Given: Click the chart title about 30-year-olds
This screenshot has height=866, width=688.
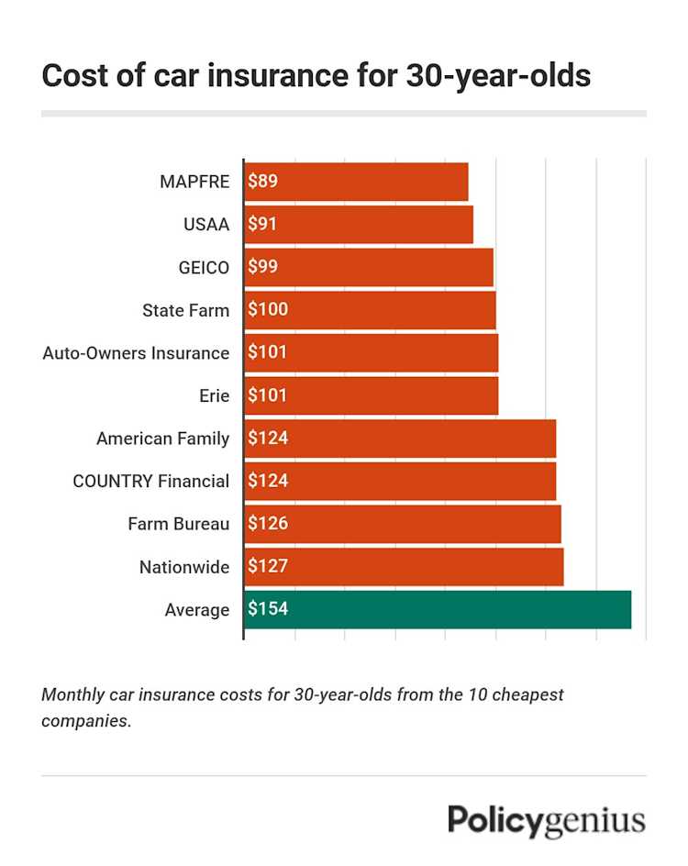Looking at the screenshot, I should (316, 76).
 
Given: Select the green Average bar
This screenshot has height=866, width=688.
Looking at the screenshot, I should (438, 609).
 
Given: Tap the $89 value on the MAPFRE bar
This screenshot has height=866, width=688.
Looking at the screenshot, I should (262, 182).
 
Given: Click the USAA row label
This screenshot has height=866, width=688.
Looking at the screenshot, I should (206, 224).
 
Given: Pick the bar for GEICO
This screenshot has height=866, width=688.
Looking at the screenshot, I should (369, 267).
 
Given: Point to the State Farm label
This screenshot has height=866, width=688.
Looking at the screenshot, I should (185, 310).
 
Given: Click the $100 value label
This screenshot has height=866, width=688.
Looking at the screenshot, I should (268, 310).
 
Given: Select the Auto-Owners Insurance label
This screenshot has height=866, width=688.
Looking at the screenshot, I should (136, 352).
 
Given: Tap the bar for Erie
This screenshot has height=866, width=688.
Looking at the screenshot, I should (372, 395).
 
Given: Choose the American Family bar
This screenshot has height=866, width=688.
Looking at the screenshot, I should (400, 439).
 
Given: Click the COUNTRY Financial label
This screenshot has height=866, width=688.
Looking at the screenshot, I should (151, 481).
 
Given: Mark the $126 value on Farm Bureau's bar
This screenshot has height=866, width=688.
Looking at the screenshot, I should (268, 524).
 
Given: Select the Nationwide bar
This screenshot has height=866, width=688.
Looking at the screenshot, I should (404, 567).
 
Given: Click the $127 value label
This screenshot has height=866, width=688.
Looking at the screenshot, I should (268, 567).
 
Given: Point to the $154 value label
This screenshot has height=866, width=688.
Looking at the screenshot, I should (268, 609).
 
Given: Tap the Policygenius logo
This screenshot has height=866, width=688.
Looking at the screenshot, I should (546, 821).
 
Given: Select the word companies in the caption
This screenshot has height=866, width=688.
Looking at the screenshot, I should (85, 721).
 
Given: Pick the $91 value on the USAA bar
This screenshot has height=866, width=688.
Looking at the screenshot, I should (262, 224).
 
